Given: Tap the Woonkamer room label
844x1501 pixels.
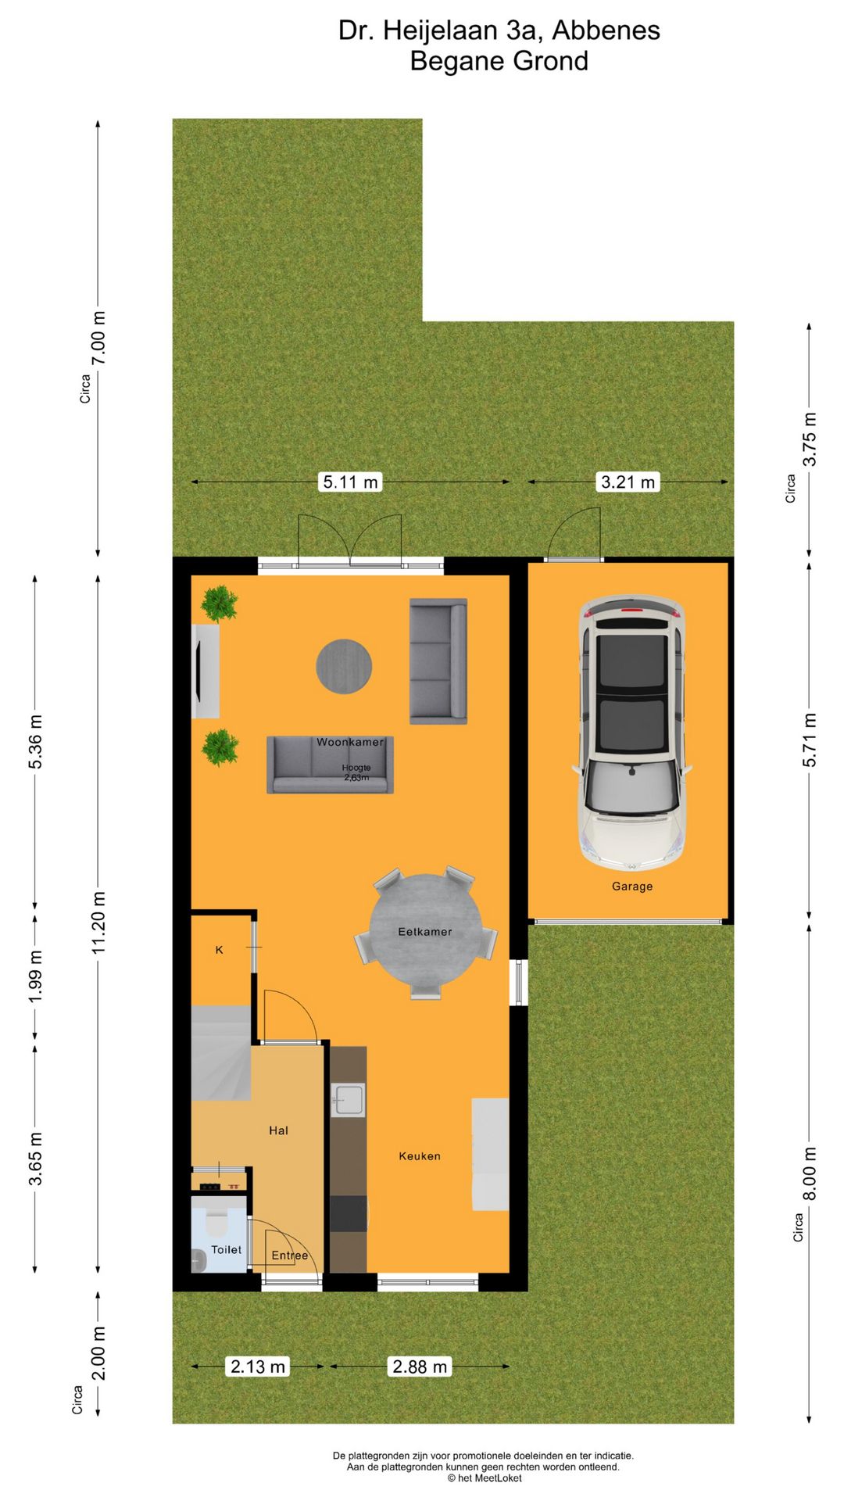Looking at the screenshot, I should [349, 742].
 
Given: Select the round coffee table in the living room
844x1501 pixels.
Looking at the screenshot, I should [344, 666].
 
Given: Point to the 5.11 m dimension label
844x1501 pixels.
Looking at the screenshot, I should [350, 482].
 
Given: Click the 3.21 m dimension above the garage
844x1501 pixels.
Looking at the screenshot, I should [628, 482].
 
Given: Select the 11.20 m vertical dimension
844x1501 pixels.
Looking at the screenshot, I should [98, 922].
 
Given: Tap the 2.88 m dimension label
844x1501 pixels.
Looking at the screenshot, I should [420, 1367].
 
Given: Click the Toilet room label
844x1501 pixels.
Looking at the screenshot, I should [226, 1249].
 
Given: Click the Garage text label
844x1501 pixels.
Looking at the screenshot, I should [631, 886].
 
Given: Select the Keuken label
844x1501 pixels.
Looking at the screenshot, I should [420, 1155].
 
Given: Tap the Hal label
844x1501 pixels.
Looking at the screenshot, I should [278, 1130].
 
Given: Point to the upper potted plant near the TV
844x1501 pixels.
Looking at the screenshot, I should [220, 604].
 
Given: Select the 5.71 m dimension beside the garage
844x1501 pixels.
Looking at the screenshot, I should [810, 740].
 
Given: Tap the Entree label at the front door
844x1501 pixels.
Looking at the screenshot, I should [290, 1256].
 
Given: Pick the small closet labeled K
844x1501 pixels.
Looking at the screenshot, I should [220, 950].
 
